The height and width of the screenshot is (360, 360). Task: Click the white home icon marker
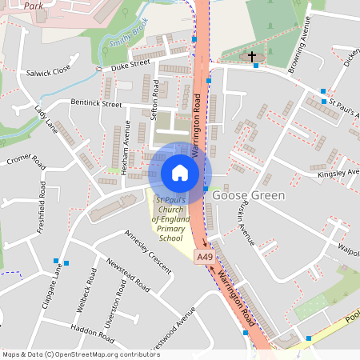pos(180,172)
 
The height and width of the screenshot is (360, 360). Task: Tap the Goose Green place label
pos(248,194)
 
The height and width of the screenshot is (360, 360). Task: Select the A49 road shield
pos(205,256)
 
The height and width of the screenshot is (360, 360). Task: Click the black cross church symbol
pos(253,57)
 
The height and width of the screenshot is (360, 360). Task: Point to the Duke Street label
pos(131,63)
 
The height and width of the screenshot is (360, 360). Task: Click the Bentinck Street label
pos(96,103)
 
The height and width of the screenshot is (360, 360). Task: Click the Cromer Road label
pos(26,162)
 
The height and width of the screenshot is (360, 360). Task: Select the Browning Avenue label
pos(297,50)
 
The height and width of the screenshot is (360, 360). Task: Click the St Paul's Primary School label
pos(171,218)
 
